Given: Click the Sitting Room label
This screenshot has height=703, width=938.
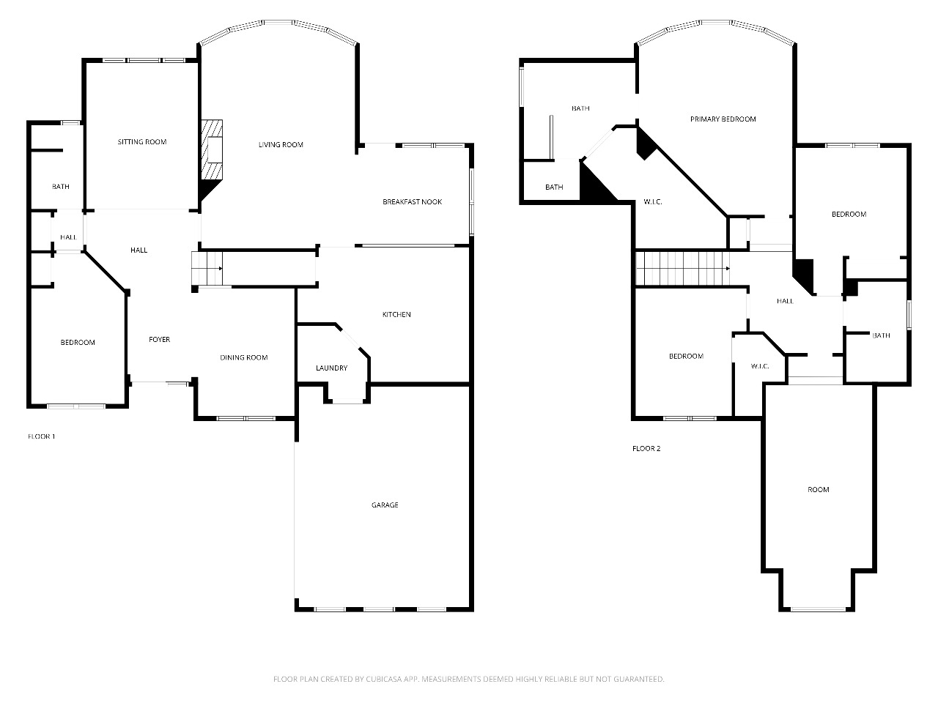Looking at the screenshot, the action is (x=142, y=142).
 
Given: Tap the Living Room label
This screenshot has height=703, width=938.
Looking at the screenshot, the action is (x=281, y=145).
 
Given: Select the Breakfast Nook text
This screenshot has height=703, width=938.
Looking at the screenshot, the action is (x=412, y=202).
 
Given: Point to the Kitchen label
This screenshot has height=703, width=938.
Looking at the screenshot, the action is (x=396, y=315).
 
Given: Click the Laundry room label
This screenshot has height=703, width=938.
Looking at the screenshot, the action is (x=332, y=368).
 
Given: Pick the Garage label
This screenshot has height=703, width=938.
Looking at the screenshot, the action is (x=385, y=505).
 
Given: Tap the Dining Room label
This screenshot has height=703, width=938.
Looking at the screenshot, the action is (x=243, y=357).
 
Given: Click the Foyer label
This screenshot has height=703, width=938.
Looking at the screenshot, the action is (x=160, y=340).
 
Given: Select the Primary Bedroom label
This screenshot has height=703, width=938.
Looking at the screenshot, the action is (x=723, y=119).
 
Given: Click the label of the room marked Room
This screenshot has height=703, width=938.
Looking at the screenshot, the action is (x=819, y=490).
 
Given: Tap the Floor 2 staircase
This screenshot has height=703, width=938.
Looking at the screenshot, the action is (x=682, y=268).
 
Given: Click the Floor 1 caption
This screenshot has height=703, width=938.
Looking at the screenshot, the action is (x=42, y=436).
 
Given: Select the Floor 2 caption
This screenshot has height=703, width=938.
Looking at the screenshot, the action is (x=646, y=448).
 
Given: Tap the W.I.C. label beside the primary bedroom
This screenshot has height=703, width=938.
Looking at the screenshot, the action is (x=652, y=202).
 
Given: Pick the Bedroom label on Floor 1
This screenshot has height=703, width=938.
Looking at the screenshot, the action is (x=78, y=342).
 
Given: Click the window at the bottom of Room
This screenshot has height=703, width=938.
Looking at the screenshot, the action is (x=818, y=609).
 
